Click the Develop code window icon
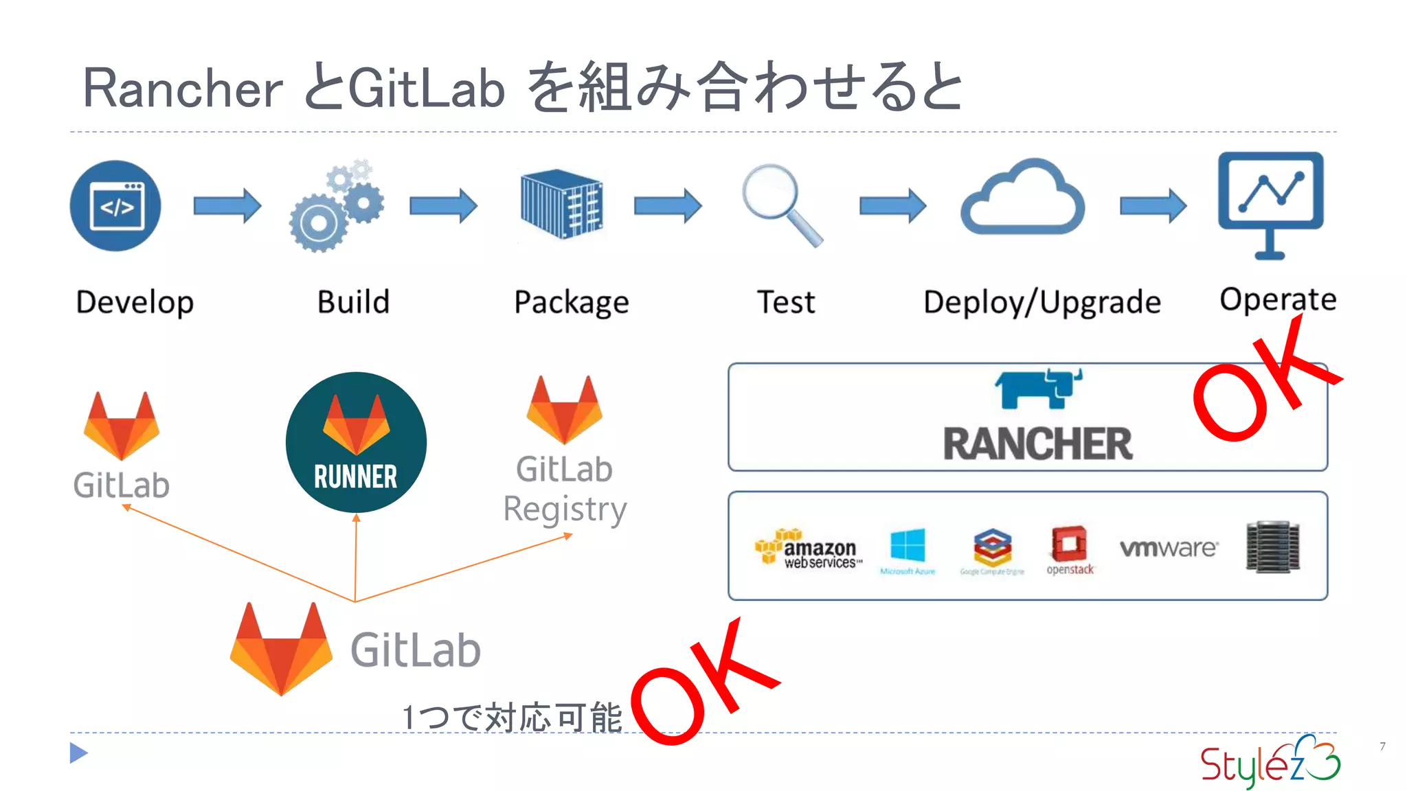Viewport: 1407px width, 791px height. pos(115,206)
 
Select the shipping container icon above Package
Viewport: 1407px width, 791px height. pos(561,203)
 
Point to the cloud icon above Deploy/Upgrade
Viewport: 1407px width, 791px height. pos(1022,199)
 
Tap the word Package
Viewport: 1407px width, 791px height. pos(572,302)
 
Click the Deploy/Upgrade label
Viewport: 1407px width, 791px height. pos(1042,302)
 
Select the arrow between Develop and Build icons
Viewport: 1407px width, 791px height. pos(227,205)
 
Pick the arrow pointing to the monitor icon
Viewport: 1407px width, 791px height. pos(1152,205)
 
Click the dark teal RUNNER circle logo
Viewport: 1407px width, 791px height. pos(356,442)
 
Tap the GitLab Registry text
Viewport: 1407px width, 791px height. pos(565,489)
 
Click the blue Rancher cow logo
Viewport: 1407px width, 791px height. pos(1038,389)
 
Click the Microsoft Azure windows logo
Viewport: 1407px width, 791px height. pos(908,548)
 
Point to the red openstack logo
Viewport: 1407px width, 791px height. pos(1069,546)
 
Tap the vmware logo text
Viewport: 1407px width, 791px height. pos(1168,548)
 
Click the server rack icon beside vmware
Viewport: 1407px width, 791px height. pos(1272,547)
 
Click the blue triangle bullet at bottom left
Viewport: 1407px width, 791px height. pos(78,753)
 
